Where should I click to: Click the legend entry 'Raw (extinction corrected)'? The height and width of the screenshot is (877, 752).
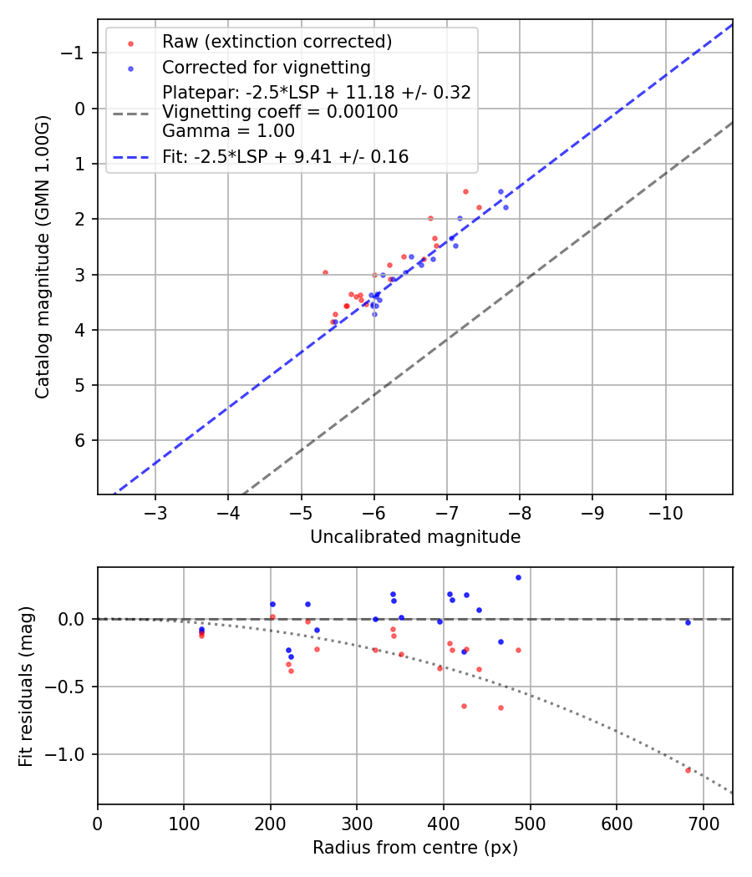point(277,42)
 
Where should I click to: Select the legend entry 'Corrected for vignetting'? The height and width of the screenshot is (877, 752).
point(266,67)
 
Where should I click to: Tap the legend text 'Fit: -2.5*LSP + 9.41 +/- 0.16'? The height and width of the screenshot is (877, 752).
point(285,156)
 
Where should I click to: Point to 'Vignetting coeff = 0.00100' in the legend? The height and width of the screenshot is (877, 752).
point(280,112)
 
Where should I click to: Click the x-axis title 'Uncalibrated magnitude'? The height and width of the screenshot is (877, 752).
point(415,537)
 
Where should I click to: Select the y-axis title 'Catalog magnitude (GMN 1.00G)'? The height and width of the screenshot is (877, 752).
point(43,256)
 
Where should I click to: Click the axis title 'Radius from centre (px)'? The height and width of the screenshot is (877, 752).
point(415,848)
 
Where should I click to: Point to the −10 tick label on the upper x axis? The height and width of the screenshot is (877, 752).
point(665,511)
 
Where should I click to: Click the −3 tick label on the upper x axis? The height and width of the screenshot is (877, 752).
point(155,511)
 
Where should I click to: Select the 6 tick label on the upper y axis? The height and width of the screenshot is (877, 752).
point(80,440)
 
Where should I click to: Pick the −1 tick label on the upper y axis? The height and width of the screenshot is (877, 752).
point(75,53)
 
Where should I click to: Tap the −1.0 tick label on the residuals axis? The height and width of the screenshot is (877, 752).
point(70,754)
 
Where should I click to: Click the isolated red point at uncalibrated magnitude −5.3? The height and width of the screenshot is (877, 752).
point(325,272)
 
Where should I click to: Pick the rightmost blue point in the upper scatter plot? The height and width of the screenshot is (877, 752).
point(506,207)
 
